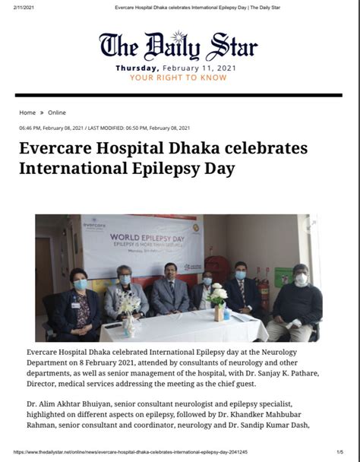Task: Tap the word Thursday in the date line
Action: (x=137, y=68)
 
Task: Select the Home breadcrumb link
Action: (x=27, y=112)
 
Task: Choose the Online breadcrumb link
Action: (x=57, y=112)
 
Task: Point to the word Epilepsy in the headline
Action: (x=167, y=166)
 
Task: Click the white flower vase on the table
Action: (x=219, y=299)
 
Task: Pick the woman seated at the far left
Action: (x=79, y=300)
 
